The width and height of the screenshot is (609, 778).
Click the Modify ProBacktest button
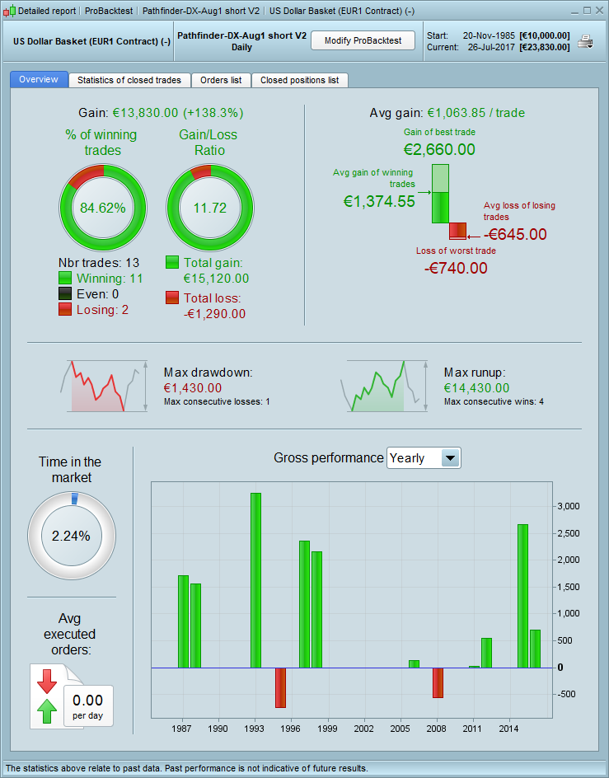(x=363, y=40)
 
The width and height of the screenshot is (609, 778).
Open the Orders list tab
(x=221, y=80)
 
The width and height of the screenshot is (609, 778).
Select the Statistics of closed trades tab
(x=130, y=80)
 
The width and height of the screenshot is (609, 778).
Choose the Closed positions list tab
(x=299, y=80)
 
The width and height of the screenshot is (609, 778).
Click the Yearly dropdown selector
(x=424, y=457)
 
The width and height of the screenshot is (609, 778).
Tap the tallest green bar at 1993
(x=255, y=579)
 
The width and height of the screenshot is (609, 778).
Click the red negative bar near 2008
(x=438, y=682)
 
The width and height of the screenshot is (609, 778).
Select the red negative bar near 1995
(x=280, y=687)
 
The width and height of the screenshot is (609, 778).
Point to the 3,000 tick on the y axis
(x=569, y=506)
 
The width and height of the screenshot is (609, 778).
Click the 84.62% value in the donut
(x=103, y=208)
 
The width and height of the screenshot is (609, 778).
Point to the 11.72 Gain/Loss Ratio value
(x=209, y=208)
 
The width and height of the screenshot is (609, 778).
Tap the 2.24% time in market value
(x=71, y=535)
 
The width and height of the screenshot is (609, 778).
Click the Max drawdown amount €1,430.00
(x=193, y=387)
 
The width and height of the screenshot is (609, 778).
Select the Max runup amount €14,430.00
(x=476, y=387)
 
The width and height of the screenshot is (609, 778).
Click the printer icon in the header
(x=585, y=41)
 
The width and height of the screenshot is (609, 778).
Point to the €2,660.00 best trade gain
(x=439, y=149)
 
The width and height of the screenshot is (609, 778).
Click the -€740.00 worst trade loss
(x=456, y=268)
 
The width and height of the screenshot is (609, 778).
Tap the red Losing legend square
(x=65, y=309)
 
